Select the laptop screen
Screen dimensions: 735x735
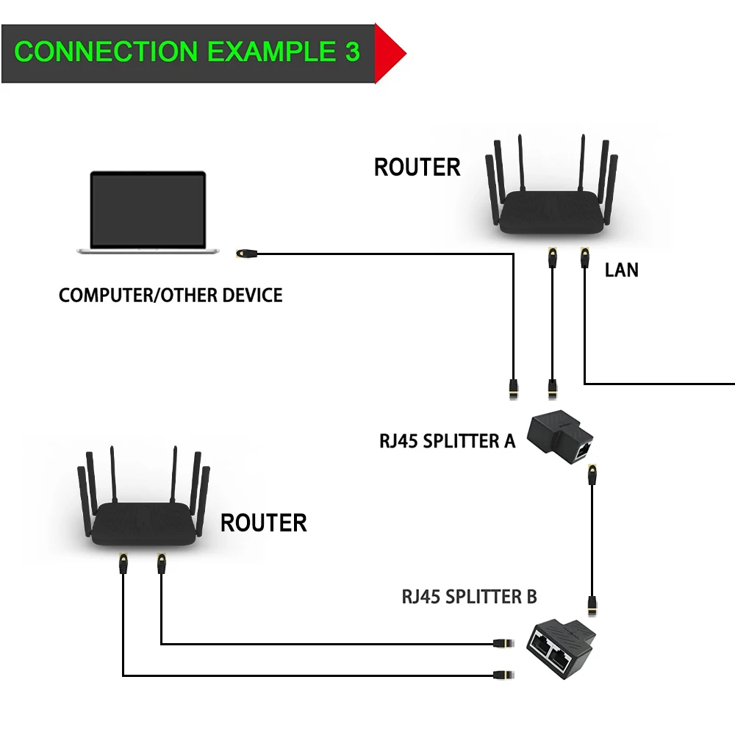pos(148,210)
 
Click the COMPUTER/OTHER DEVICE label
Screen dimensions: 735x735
pos(171,295)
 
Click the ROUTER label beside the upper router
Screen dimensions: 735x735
pos(417,168)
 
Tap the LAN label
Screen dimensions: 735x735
pos(622,270)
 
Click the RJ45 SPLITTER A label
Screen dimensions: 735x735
pos(447,441)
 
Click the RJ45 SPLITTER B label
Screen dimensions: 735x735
pos(469,596)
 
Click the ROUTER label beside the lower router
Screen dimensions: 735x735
pos(263,523)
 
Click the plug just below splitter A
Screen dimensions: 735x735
pos(591,474)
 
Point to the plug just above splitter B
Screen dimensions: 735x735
pos(591,607)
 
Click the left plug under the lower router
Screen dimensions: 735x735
pos(123,564)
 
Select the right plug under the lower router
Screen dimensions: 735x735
pos(160,564)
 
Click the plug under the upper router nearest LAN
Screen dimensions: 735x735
pos(585,257)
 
